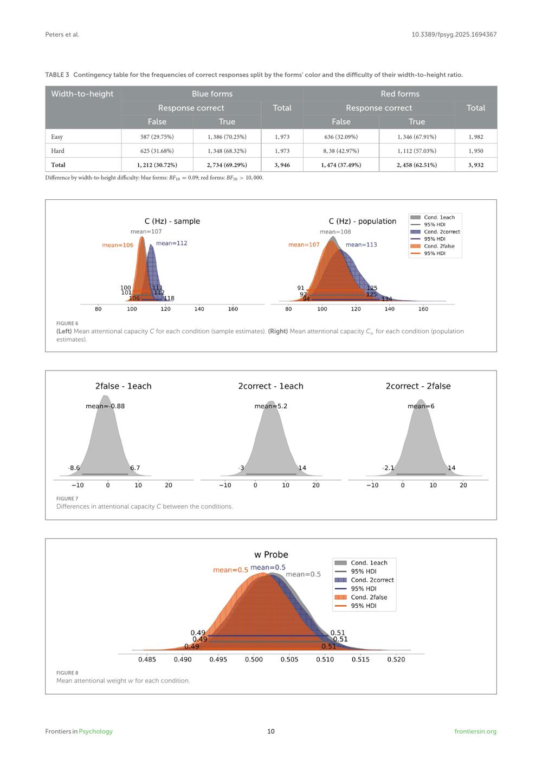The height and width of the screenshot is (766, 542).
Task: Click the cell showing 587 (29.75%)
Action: (157, 137)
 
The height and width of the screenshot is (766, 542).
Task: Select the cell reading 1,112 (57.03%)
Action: (416, 151)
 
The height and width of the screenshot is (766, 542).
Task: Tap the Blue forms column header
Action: (212, 94)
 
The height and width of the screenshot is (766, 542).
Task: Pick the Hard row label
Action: (57, 151)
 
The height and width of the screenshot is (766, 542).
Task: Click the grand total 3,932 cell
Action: (475, 165)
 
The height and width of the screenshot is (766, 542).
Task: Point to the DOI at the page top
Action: (454, 35)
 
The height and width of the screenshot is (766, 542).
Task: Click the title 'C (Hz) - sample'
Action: (172, 221)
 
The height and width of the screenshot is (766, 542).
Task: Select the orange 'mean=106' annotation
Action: (118, 245)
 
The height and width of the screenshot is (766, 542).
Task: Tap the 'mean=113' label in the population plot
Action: (361, 245)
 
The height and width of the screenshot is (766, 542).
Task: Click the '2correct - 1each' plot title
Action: (270, 386)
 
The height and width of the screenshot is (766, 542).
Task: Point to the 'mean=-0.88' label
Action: (105, 406)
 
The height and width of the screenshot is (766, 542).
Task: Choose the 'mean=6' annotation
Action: (421, 406)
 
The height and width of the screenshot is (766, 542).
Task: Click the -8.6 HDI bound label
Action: (74, 468)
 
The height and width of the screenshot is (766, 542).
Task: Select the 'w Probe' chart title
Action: (271, 555)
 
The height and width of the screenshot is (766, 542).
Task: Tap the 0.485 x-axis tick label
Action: (147, 660)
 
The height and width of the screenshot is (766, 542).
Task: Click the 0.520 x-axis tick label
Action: (396, 660)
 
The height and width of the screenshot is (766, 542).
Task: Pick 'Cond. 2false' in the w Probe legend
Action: (369, 598)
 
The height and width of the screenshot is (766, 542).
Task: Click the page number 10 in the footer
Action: (271, 731)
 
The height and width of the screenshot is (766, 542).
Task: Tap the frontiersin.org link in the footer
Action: (475, 731)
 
